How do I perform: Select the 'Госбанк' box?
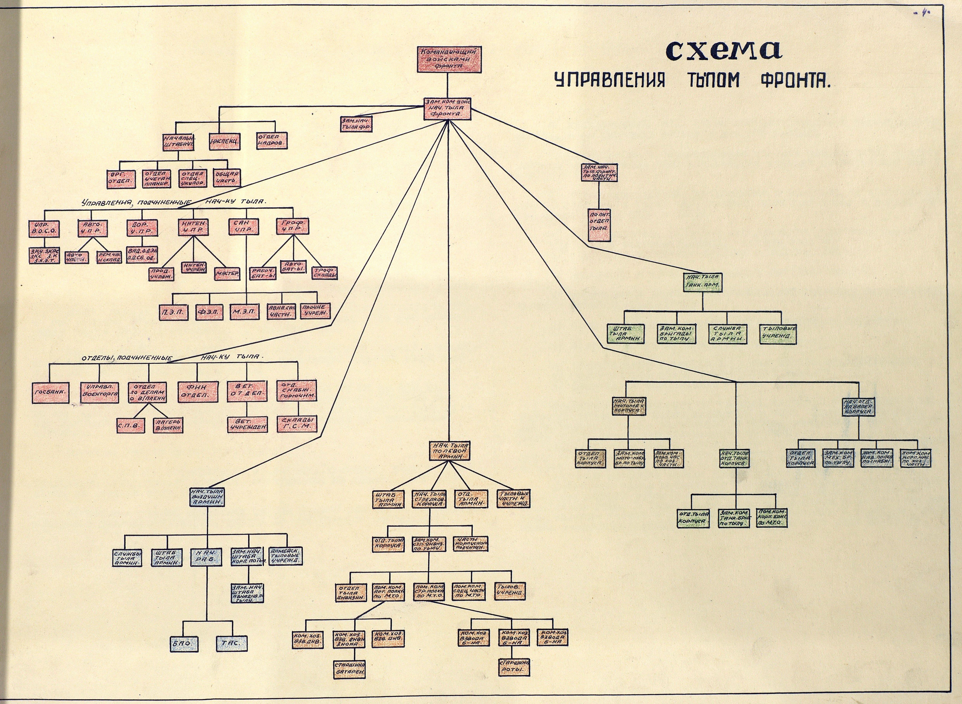[x=50, y=391]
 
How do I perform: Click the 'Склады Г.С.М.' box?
[x=297, y=424]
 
